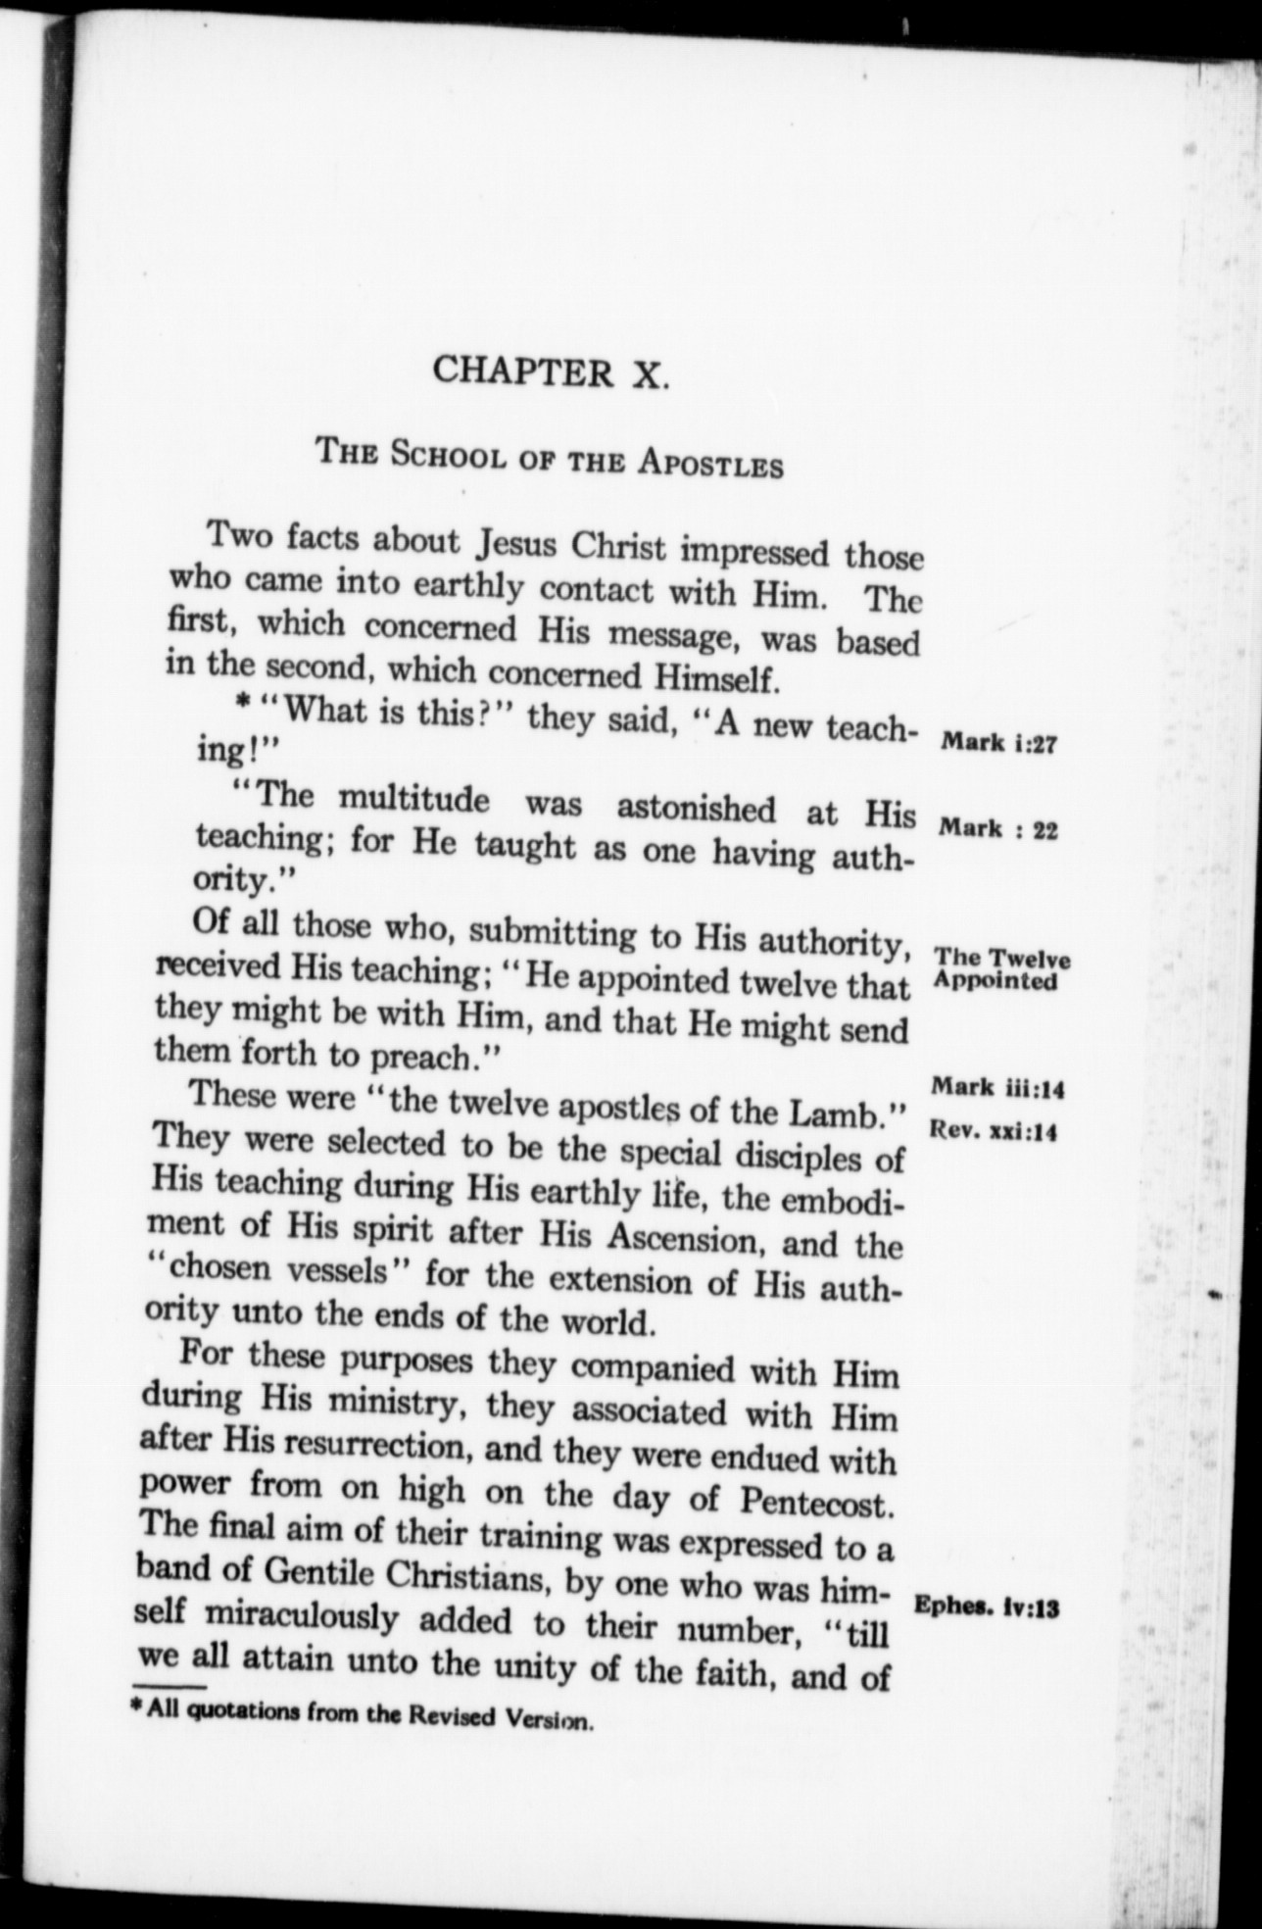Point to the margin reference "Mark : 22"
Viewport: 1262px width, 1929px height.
(997, 831)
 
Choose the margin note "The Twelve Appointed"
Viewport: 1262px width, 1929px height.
(999, 969)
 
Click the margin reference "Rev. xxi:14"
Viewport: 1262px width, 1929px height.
(992, 1132)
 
